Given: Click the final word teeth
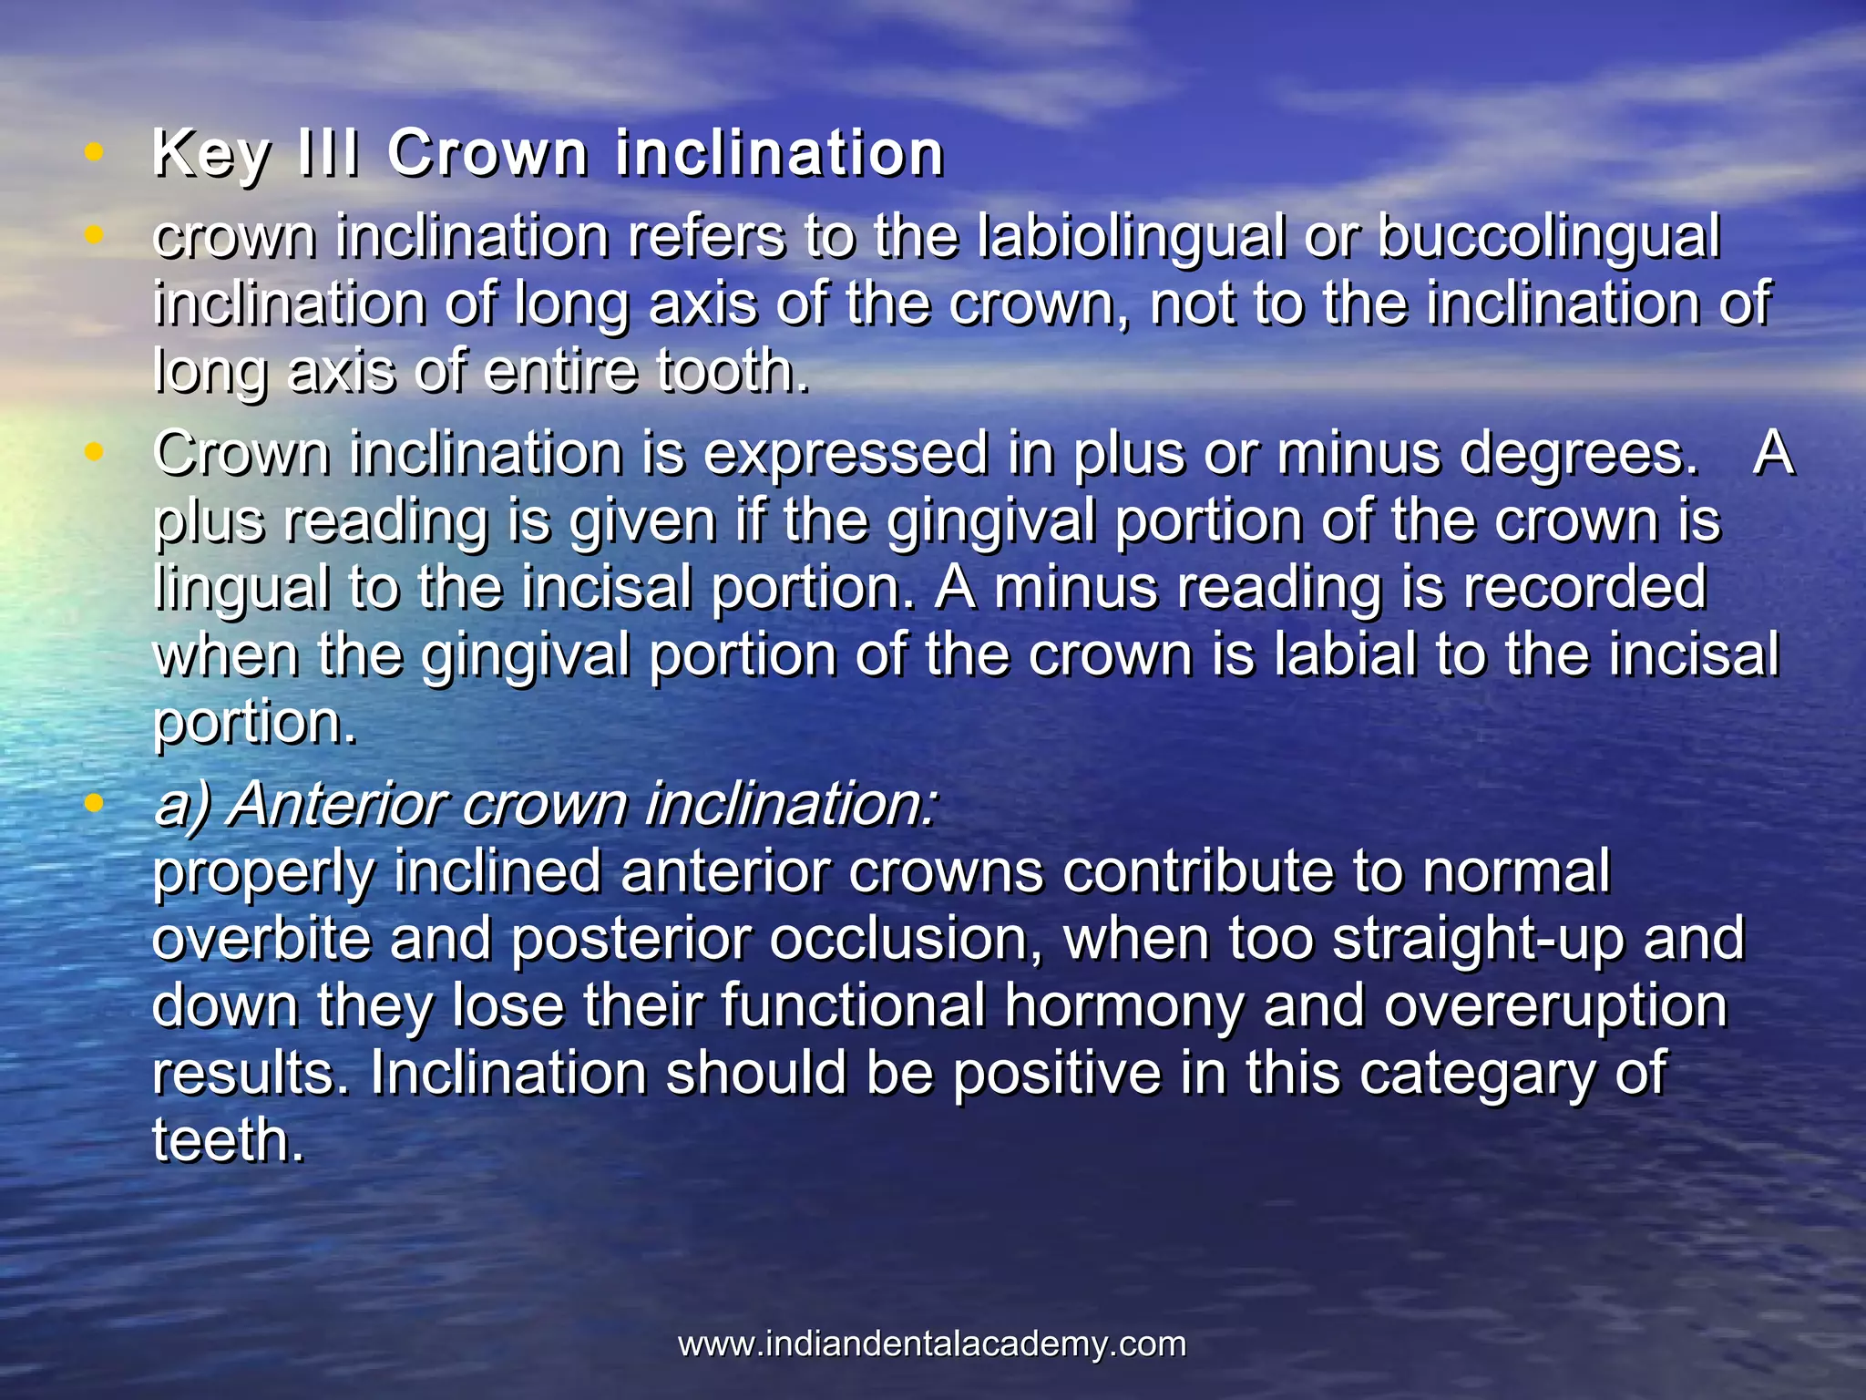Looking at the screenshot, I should click(228, 1140).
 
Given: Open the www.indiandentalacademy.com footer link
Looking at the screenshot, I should click(932, 1343).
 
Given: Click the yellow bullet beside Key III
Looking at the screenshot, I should click(93, 152).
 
